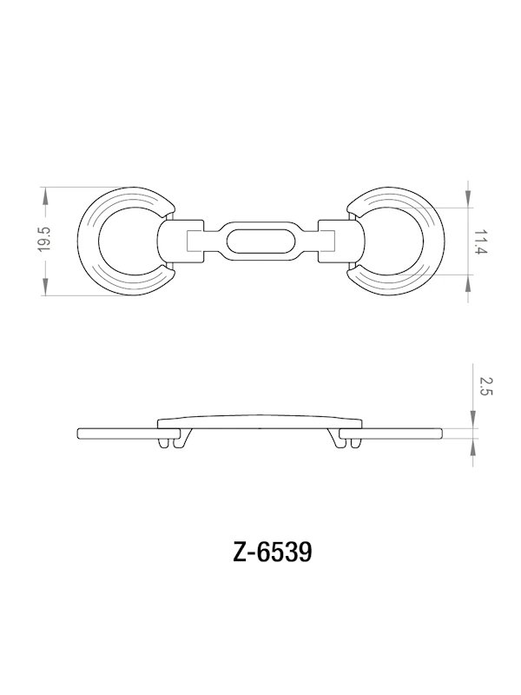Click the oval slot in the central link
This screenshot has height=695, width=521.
point(260,239)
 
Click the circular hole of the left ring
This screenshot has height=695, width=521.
point(129,240)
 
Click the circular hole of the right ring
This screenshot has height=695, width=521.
point(392,240)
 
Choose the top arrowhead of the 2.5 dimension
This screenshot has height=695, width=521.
point(470,421)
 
